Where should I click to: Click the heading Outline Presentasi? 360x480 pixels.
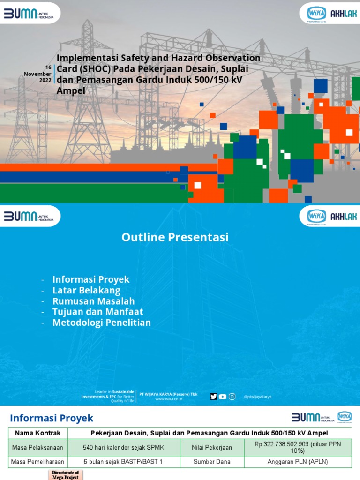(x=175, y=238)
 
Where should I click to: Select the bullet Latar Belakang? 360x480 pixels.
(x=86, y=290)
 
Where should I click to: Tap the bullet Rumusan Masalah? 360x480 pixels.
(x=93, y=301)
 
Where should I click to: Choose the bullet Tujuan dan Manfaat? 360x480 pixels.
(x=97, y=312)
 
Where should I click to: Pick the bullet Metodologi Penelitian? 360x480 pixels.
(x=101, y=322)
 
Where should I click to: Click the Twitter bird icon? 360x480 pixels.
(x=214, y=397)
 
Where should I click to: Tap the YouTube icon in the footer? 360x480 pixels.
(x=223, y=397)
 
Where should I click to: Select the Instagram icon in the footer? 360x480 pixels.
(x=232, y=397)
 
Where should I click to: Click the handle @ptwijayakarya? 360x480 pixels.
(x=257, y=397)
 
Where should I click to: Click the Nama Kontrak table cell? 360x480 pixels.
(x=37, y=433)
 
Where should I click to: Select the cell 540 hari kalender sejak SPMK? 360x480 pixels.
(x=123, y=448)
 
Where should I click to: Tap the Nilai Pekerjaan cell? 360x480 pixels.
(x=212, y=448)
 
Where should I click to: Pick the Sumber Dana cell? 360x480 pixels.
(x=212, y=462)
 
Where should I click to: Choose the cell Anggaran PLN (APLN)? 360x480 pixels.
(x=298, y=462)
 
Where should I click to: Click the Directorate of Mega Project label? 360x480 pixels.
(x=62, y=475)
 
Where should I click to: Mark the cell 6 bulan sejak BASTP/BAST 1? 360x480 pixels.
(x=123, y=462)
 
